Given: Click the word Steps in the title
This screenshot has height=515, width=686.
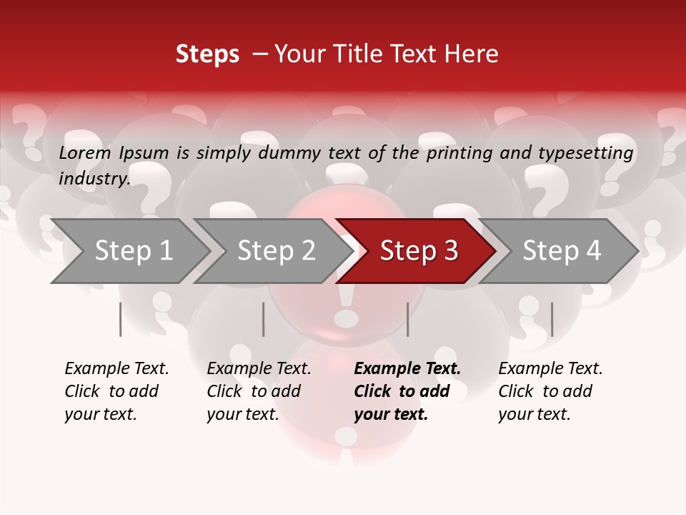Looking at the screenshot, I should [x=207, y=54].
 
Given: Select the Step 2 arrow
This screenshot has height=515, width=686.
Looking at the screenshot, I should [x=275, y=251].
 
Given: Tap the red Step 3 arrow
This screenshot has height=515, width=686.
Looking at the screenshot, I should [x=418, y=251].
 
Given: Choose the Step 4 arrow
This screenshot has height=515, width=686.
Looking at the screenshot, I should [x=561, y=251].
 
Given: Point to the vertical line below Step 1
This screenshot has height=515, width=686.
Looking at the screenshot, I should [x=121, y=319].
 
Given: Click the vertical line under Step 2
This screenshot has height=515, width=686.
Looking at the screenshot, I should [x=264, y=319].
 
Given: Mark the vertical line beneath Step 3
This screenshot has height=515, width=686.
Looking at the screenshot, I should [x=408, y=319].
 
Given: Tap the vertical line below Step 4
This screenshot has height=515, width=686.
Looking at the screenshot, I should [x=552, y=319].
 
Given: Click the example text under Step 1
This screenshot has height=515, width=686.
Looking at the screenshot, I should [x=116, y=391].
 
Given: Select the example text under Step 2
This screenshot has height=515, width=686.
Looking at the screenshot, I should [x=259, y=391].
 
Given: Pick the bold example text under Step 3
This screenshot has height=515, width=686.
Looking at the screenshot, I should [x=407, y=391].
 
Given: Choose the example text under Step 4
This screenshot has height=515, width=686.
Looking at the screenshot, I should [x=550, y=391].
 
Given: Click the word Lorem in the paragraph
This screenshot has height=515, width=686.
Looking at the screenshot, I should [x=85, y=152].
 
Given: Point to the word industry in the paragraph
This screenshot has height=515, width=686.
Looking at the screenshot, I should [x=94, y=178].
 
